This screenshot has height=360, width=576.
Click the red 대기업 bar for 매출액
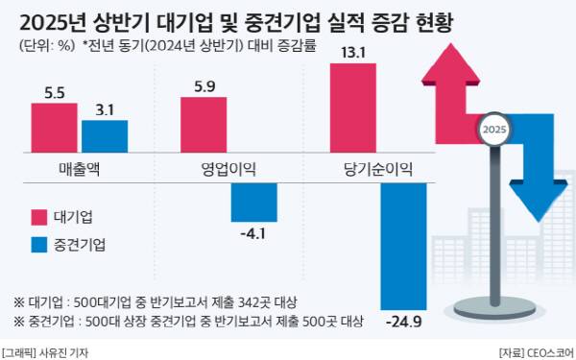(54, 127)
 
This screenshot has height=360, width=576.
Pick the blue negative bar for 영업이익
(254, 202)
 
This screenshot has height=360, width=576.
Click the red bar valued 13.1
(352, 107)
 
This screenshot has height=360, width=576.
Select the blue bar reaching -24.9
(403, 245)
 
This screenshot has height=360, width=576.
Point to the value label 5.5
(54, 93)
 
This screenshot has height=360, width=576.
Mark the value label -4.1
(254, 232)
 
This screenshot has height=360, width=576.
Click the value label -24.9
(403, 319)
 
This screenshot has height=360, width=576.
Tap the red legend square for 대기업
(39, 215)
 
